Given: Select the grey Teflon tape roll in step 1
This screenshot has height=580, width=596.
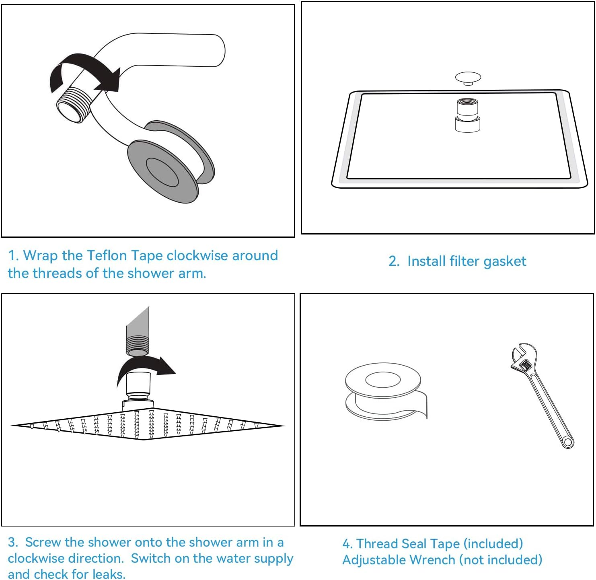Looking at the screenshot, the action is tap(171, 161).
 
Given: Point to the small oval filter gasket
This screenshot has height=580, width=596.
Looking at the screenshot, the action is tap(468, 78).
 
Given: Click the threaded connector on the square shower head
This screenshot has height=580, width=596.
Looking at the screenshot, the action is tap(467, 115).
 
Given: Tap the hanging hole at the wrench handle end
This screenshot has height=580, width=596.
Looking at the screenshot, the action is tap(567, 442).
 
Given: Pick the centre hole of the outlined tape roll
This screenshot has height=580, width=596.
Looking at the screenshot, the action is tap(383, 380).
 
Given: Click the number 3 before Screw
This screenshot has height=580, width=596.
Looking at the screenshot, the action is tap(12, 542).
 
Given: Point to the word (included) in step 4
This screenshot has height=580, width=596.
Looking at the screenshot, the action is tap(493, 543).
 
